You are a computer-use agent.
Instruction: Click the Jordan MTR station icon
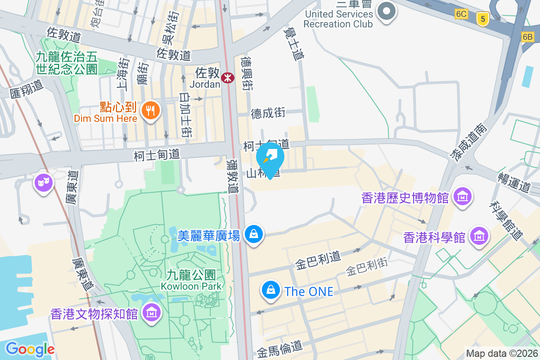click(x=228, y=78)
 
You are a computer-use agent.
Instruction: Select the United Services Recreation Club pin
click(x=386, y=11)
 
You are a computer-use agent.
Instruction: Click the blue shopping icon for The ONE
click(x=271, y=290)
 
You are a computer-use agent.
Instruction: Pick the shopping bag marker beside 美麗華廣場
click(x=254, y=234)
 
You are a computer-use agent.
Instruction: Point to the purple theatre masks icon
click(x=44, y=183)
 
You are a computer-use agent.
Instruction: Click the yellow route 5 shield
click(x=483, y=18)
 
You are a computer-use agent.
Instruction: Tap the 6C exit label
click(x=461, y=14)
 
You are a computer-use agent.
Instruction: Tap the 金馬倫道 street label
click(x=280, y=347)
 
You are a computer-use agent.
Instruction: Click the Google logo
click(x=30, y=349)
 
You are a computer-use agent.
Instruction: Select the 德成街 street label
click(x=268, y=113)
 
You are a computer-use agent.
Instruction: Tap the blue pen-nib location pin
click(x=270, y=158)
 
